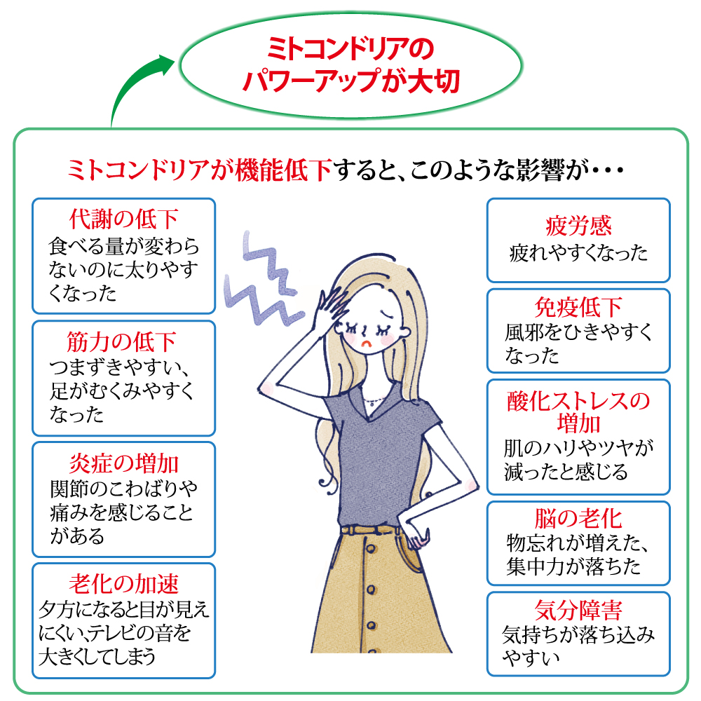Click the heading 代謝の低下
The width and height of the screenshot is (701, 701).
(123, 219)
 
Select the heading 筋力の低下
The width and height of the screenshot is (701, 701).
(123, 341)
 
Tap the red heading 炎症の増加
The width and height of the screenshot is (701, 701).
(123, 463)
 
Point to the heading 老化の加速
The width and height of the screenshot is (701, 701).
(123, 583)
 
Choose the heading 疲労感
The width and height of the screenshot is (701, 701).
(578, 226)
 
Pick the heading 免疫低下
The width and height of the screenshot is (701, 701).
(578, 308)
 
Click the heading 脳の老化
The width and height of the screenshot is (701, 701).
(578, 519)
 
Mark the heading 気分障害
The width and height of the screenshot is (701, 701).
(578, 610)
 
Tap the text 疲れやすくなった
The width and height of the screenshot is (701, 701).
(578, 253)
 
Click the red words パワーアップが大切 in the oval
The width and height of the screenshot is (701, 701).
(350, 81)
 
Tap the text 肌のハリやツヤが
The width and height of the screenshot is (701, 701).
(578, 447)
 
